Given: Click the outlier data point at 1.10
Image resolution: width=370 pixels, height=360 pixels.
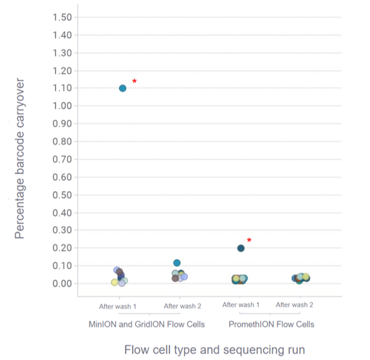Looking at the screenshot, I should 122,88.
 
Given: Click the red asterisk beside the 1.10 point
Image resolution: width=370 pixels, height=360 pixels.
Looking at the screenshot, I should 135,81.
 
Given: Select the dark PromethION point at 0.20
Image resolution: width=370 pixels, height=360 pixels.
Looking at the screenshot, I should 241,248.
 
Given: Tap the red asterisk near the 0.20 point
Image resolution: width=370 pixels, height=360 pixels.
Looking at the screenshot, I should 249,240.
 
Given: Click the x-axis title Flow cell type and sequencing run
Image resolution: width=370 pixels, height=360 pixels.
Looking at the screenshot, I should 215,351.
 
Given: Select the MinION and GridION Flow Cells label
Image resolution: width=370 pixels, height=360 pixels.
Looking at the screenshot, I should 147,324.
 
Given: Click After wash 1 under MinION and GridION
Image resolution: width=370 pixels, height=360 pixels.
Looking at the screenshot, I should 118,306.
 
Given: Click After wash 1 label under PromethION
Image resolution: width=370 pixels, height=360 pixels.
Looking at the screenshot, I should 241,305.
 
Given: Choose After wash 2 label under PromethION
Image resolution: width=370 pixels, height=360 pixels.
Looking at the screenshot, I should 295,305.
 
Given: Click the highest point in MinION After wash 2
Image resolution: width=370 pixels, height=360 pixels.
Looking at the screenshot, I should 177,263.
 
